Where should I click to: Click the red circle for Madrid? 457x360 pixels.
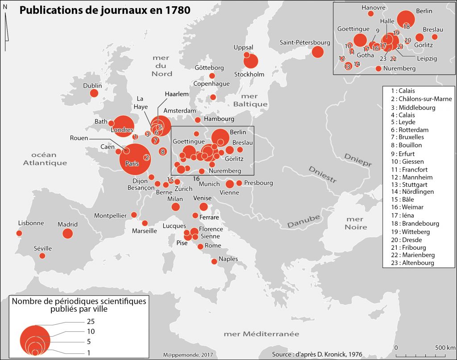pos(67,234)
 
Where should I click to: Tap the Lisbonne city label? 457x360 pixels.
pos(31,223)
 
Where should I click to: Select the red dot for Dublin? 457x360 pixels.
pos(94,93)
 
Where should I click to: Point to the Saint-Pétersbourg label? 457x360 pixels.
pos(305,42)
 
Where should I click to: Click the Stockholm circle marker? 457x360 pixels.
pos(251,61)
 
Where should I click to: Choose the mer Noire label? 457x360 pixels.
pos(356,223)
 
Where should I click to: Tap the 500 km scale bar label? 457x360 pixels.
pos(445,347)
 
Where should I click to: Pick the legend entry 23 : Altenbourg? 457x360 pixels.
pos(409,263)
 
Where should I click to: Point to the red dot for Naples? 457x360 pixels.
pos(215,262)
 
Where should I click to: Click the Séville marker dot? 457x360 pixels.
pos(42,256)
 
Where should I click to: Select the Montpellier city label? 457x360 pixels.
pos(110,216)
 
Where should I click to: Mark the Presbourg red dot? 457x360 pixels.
pos(239,183)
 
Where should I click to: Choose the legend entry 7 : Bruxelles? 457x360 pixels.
pos(406,137)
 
